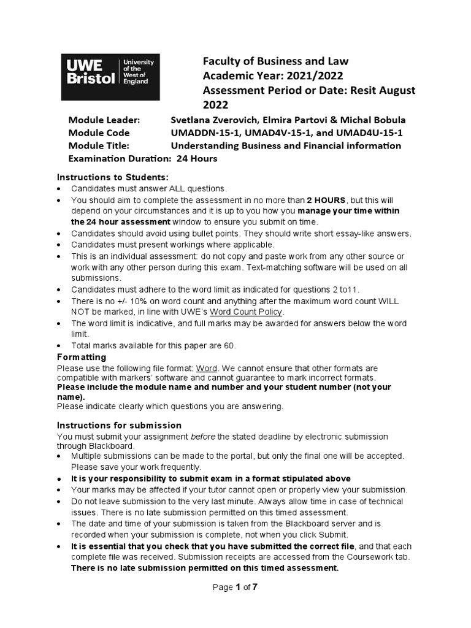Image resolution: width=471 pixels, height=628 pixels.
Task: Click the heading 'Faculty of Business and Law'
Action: (x=275, y=61)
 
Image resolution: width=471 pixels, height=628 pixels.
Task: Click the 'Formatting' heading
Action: (x=82, y=357)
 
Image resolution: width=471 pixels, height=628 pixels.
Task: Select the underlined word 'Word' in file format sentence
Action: (x=207, y=368)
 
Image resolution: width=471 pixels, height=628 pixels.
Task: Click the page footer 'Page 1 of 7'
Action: (x=235, y=587)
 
